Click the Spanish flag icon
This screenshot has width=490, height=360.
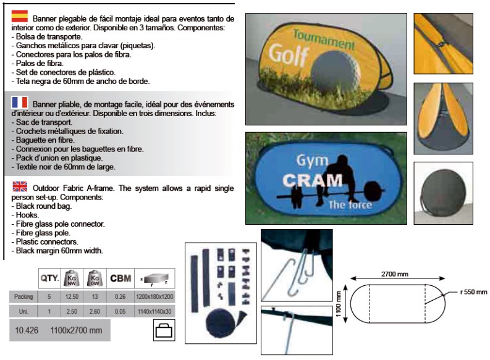20,16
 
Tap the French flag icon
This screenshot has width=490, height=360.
20,102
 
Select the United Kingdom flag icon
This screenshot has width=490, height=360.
20,186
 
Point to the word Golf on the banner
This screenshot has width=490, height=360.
289,55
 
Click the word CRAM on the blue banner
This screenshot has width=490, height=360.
313,180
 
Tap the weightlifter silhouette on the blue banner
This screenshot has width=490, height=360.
331,182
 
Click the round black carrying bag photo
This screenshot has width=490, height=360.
443,193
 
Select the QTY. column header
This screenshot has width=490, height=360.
49,278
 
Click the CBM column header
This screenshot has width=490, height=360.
120,278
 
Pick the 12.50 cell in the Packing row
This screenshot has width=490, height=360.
72,296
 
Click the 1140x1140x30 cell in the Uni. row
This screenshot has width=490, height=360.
154,311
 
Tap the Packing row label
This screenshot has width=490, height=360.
23,296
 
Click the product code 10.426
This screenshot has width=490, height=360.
27,330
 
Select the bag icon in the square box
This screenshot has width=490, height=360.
164,330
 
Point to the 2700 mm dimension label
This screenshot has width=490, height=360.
395,274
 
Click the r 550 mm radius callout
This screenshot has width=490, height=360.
474,292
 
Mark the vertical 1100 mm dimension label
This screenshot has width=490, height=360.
338,304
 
